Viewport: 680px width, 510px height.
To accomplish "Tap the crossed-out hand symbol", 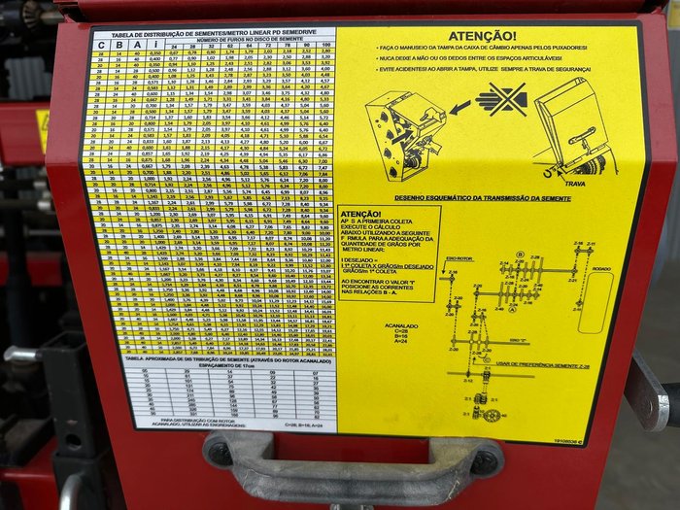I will click(x=501, y=98).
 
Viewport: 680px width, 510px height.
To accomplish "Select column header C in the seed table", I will click(x=102, y=45).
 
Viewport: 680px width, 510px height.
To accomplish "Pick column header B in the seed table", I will click(x=119, y=45).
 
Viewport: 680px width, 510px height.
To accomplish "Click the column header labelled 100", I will click(x=323, y=46).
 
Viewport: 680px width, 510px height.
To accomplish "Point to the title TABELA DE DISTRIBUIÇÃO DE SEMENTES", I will click(x=214, y=32).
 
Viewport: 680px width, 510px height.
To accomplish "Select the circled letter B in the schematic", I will click(x=520, y=255).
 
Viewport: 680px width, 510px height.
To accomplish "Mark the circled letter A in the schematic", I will click(x=512, y=308).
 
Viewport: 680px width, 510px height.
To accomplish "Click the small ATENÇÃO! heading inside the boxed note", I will click(x=361, y=214).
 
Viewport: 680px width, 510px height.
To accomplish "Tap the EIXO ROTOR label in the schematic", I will click(x=459, y=257).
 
